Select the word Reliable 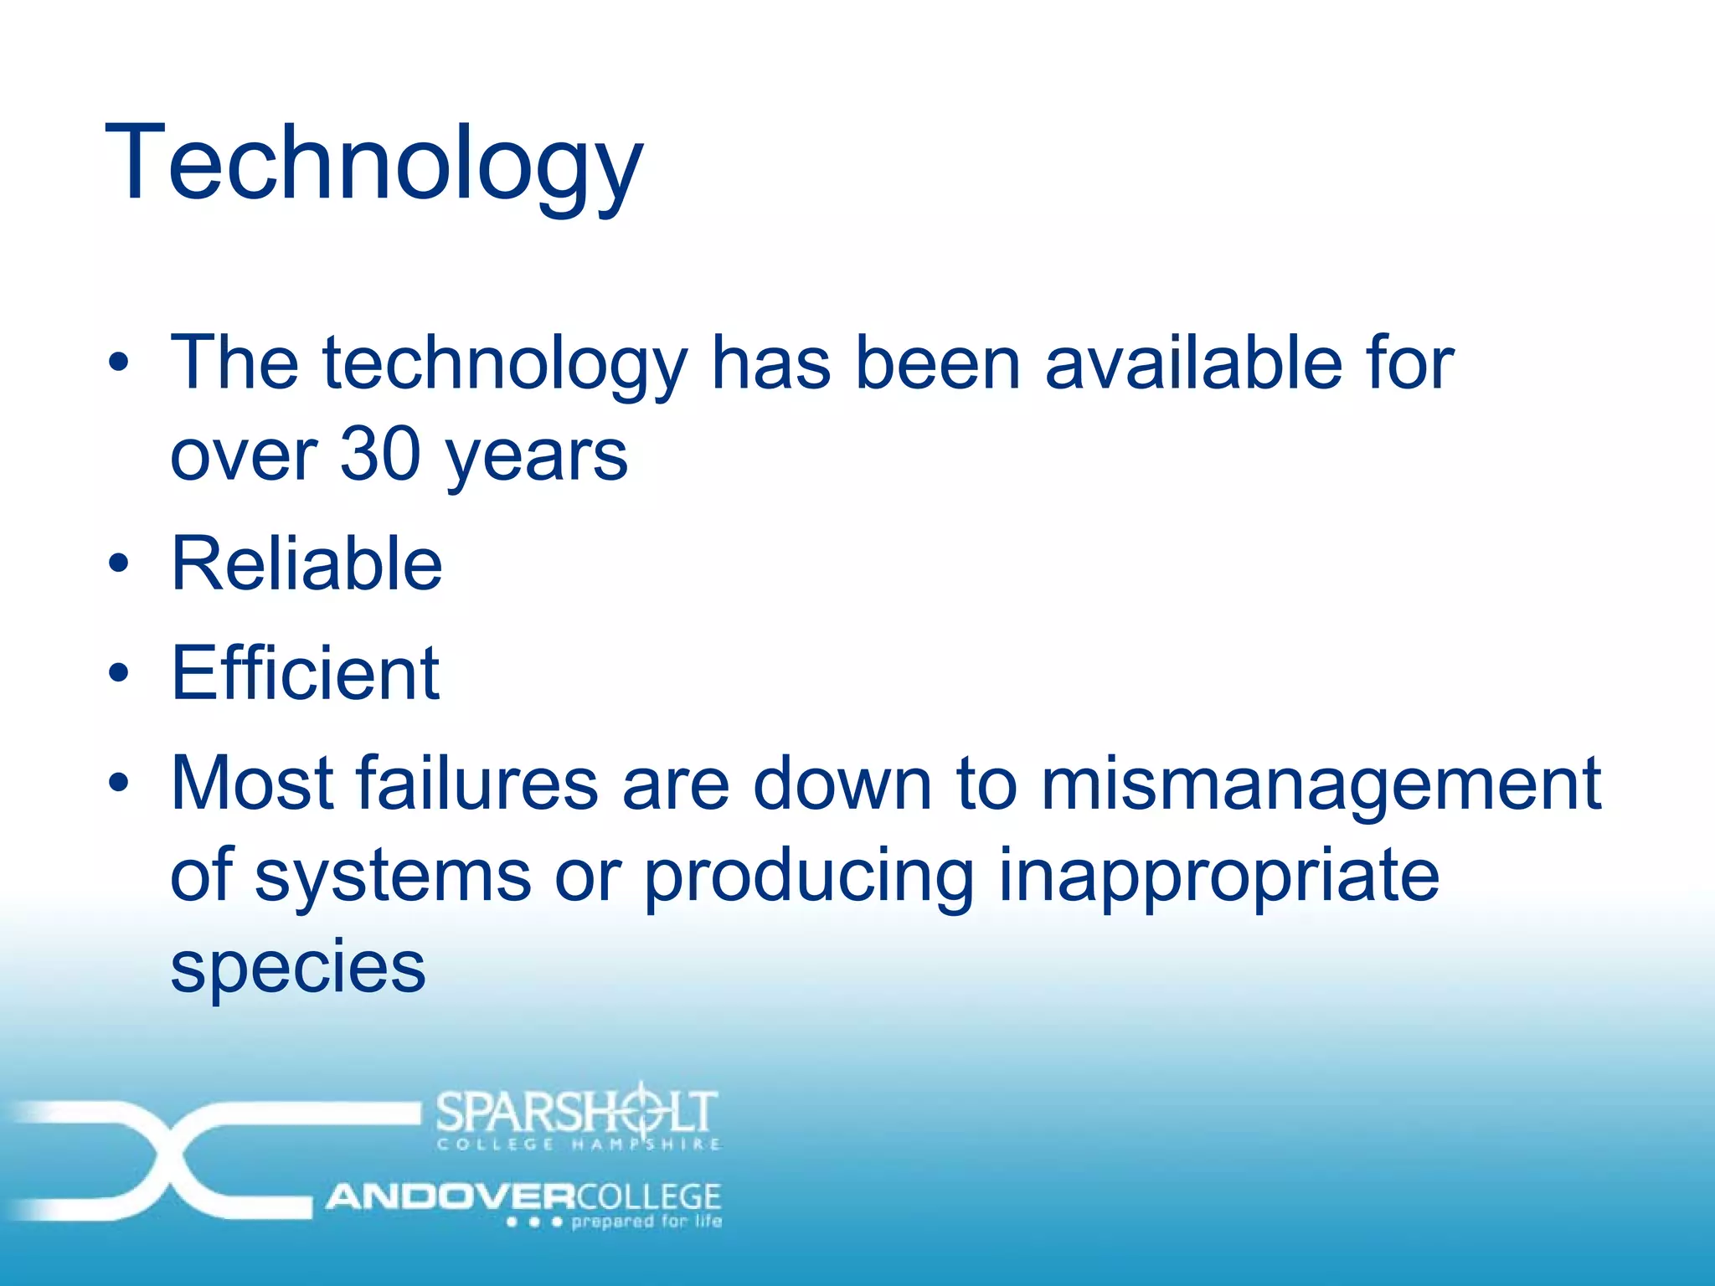[x=306, y=563]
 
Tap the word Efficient [x=305, y=673]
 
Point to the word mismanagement [x=1321, y=784]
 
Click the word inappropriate [x=1218, y=876]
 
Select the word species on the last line [x=298, y=967]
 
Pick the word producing [x=809, y=876]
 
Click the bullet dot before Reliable [x=119, y=563]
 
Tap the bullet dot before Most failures [x=119, y=783]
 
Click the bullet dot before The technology [x=119, y=363]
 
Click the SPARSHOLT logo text [x=576, y=1112]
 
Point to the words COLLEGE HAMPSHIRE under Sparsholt [x=578, y=1145]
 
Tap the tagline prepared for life [x=646, y=1222]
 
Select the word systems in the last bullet [x=393, y=876]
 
